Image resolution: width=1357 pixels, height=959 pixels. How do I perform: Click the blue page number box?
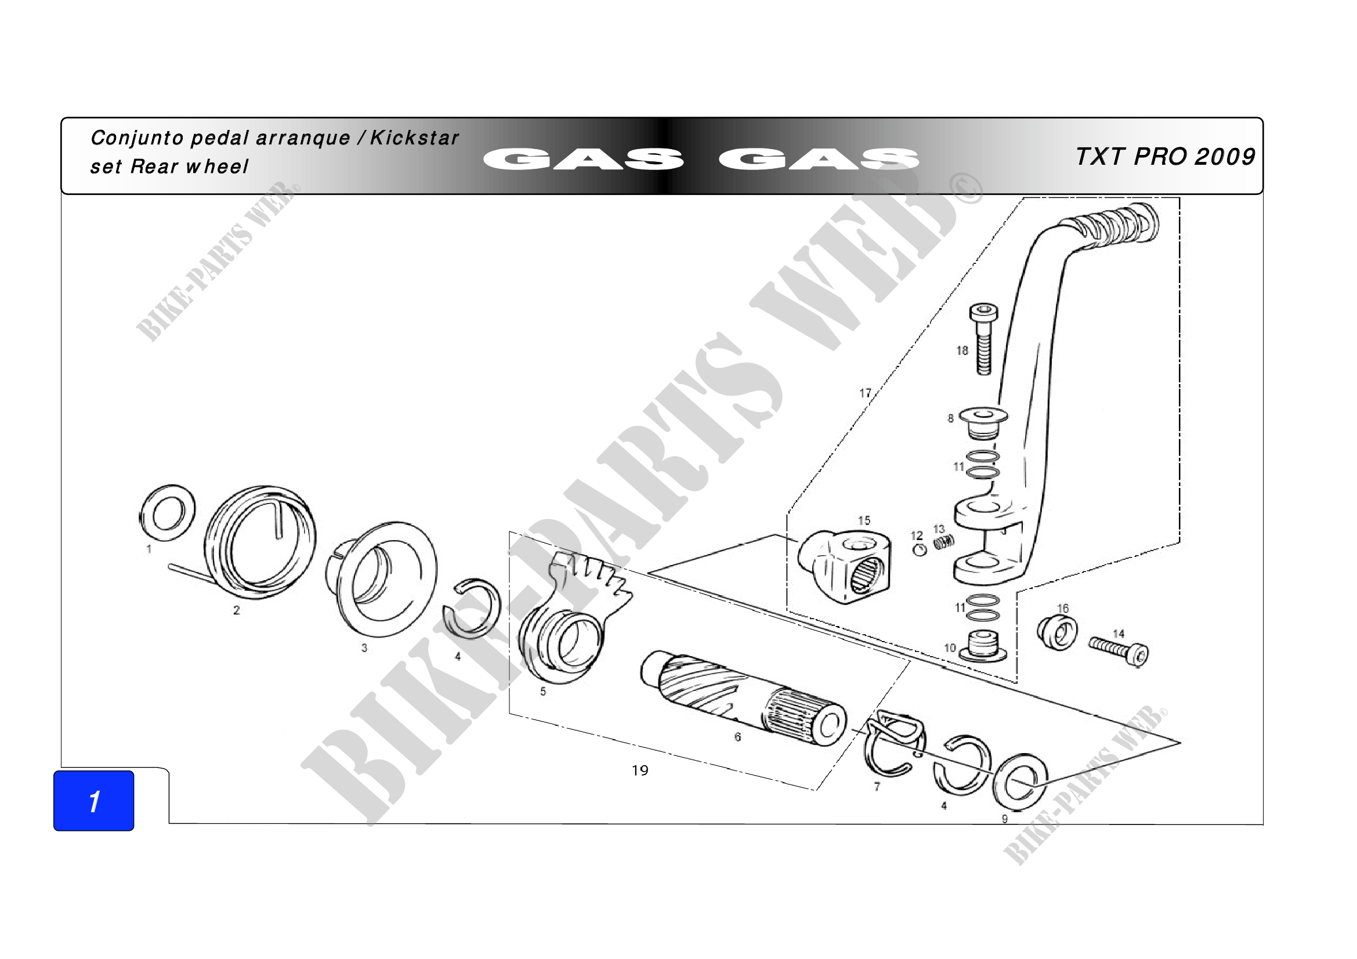pyautogui.click(x=93, y=801)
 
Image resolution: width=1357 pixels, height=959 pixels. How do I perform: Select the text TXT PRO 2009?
pyautogui.click(x=1165, y=157)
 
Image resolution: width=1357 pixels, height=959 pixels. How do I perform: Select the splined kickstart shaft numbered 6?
pyautogui.click(x=744, y=701)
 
